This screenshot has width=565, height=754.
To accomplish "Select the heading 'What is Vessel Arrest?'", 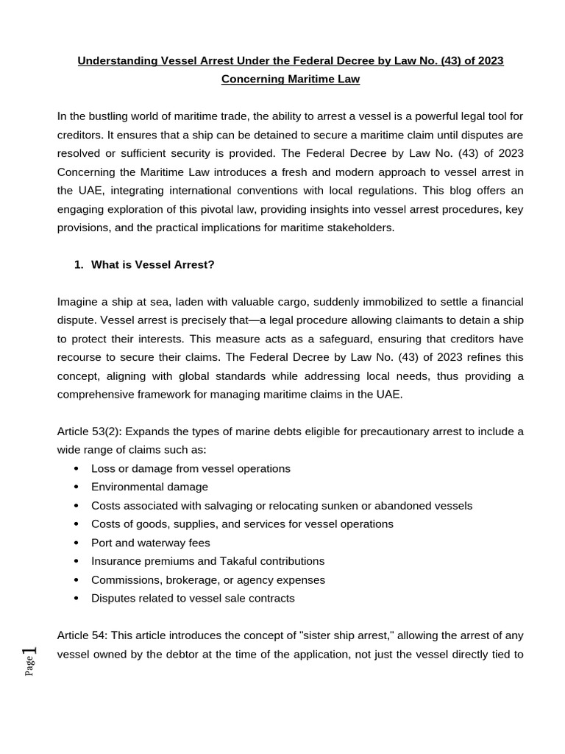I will point(152,264).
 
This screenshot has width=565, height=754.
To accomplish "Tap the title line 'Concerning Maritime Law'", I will point(290,79).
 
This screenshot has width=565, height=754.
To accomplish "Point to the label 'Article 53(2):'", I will point(89,431).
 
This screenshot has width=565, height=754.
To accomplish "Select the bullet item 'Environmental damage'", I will point(149,487).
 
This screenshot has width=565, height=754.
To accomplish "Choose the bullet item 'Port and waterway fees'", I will point(150,543).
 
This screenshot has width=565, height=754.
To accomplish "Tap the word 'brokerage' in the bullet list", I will point(181,579).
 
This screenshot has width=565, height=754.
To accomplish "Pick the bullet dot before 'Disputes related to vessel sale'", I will point(77,599).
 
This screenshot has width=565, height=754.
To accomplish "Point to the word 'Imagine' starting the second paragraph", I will point(78,301).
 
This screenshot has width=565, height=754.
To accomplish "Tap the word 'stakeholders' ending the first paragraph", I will point(360,228).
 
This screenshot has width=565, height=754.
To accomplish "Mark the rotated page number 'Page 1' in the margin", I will point(30,660).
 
